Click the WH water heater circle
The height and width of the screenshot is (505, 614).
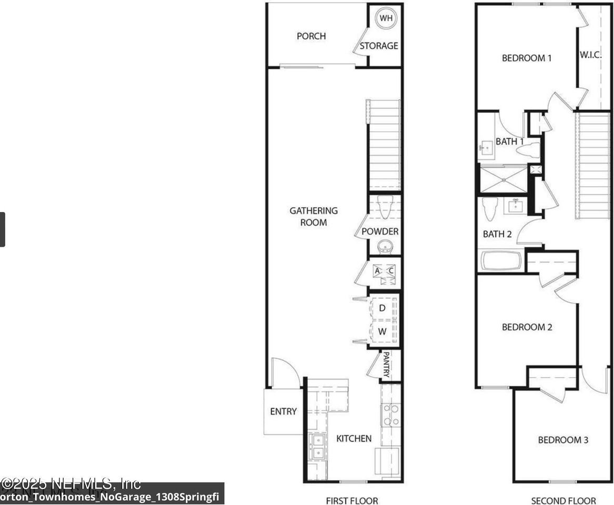pyautogui.click(x=386, y=18)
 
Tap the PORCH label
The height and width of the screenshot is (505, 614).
pyautogui.click(x=311, y=36)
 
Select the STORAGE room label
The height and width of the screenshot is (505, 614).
pyautogui.click(x=379, y=46)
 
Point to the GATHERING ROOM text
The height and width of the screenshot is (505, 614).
pyautogui.click(x=314, y=216)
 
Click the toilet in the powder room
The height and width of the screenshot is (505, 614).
pyautogui.click(x=385, y=207)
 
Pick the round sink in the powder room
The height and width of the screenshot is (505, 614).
pyautogui.click(x=385, y=246)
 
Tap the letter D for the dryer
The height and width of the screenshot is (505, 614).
pyautogui.click(x=383, y=308)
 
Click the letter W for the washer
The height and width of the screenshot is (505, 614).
pyautogui.click(x=383, y=332)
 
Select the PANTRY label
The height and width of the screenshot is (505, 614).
pyautogui.click(x=386, y=365)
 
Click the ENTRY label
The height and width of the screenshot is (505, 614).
pyautogui.click(x=284, y=411)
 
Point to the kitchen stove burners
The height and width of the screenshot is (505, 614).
pyautogui.click(x=390, y=415)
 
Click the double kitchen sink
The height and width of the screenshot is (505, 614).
pyautogui.click(x=317, y=446)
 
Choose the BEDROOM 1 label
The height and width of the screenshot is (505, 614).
pyautogui.click(x=526, y=58)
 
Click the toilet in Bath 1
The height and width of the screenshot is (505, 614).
pyautogui.click(x=528, y=150)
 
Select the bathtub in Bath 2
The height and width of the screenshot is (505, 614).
pyautogui.click(x=501, y=261)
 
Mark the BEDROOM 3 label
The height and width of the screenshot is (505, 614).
pyautogui.click(x=562, y=440)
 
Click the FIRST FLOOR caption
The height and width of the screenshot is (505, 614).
pyautogui.click(x=353, y=500)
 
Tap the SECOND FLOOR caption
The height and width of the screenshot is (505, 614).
pyautogui.click(x=563, y=500)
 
